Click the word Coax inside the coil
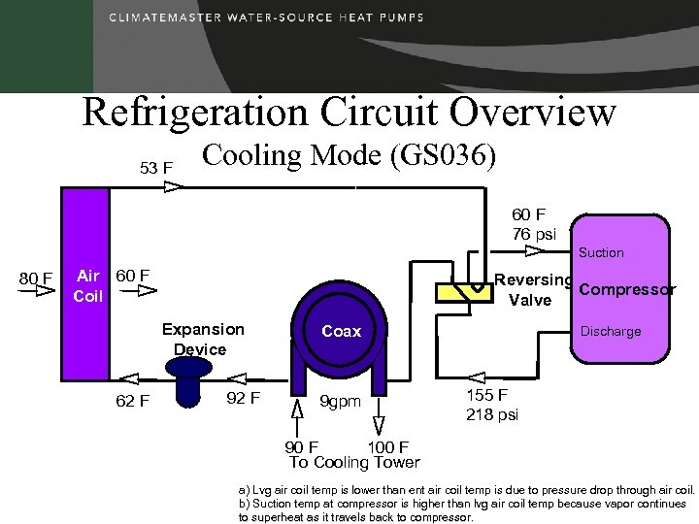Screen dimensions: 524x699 coord(341,332)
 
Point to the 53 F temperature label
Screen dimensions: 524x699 coord(156,168)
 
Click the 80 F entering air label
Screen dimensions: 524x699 coord(36,280)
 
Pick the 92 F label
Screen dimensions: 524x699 coord(242,397)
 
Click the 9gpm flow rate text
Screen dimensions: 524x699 coord(341,401)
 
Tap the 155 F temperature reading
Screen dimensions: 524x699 coord(486,396)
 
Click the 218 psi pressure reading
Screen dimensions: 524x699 coord(492,414)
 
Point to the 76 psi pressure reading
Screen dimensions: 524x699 coord(534,234)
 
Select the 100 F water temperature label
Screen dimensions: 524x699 coord(388,447)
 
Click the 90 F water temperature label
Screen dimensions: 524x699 coord(301,447)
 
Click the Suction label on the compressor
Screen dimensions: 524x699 coord(601,253)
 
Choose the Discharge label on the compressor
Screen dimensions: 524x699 coord(611,332)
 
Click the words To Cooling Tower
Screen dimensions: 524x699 coord(354,462)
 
